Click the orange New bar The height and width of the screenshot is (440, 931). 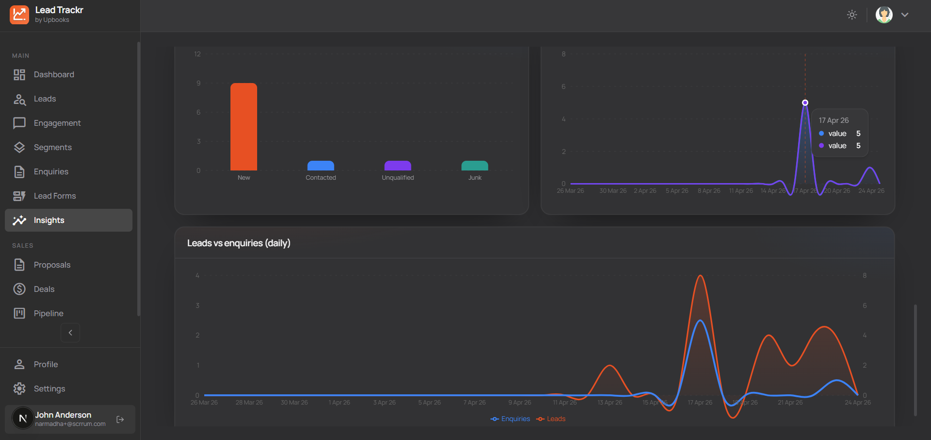click(x=244, y=127)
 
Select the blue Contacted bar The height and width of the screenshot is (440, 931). click(x=321, y=166)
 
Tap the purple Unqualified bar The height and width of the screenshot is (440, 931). click(x=398, y=166)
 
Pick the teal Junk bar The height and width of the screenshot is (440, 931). click(x=474, y=166)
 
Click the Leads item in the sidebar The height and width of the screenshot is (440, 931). click(x=45, y=99)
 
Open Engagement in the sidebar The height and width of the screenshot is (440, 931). click(x=57, y=123)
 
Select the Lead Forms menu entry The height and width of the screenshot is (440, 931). click(x=55, y=196)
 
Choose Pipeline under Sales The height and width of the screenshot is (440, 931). click(x=49, y=314)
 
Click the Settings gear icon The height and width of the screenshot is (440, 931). click(x=19, y=389)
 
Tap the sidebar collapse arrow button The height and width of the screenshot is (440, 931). click(x=70, y=333)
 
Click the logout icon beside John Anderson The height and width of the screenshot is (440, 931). click(x=120, y=419)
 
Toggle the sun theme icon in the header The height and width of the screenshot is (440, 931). click(x=852, y=15)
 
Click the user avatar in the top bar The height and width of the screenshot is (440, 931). click(x=884, y=15)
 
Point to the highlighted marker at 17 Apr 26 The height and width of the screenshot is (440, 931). click(x=805, y=102)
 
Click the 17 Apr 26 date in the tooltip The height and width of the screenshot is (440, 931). click(x=833, y=120)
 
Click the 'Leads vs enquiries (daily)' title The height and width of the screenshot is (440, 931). click(x=239, y=243)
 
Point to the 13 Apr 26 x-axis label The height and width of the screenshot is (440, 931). click(x=610, y=403)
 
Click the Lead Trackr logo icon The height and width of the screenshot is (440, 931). click(x=19, y=15)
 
